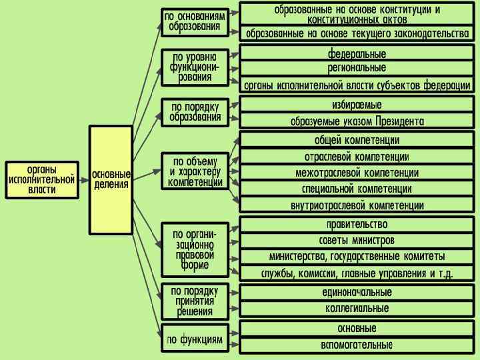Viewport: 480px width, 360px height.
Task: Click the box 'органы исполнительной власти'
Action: [x=42, y=179]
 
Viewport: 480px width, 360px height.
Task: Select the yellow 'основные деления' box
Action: [x=111, y=179]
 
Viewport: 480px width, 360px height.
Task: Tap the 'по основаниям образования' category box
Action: [x=195, y=22]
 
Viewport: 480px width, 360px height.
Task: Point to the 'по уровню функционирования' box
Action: [x=195, y=67]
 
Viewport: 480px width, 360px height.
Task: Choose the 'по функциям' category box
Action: [x=195, y=339]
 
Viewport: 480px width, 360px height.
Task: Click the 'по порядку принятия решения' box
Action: [x=195, y=301]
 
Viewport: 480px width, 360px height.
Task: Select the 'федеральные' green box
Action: [x=357, y=53]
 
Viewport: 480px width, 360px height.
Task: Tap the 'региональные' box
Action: [x=357, y=69]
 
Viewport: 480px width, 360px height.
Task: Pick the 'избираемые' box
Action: [x=357, y=105]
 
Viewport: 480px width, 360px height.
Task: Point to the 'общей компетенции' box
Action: [x=357, y=140]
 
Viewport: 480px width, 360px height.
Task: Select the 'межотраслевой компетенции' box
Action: [x=357, y=173]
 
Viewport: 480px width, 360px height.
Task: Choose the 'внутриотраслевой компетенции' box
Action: [x=357, y=205]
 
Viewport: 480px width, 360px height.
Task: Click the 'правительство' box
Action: [x=357, y=225]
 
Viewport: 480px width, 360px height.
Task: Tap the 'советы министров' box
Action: [x=357, y=240]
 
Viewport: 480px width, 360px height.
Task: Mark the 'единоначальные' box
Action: [x=357, y=293]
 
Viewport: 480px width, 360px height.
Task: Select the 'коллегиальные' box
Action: [x=357, y=308]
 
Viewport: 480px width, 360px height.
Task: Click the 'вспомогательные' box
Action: [x=357, y=345]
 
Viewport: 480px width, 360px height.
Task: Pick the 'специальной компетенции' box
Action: [x=357, y=189]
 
